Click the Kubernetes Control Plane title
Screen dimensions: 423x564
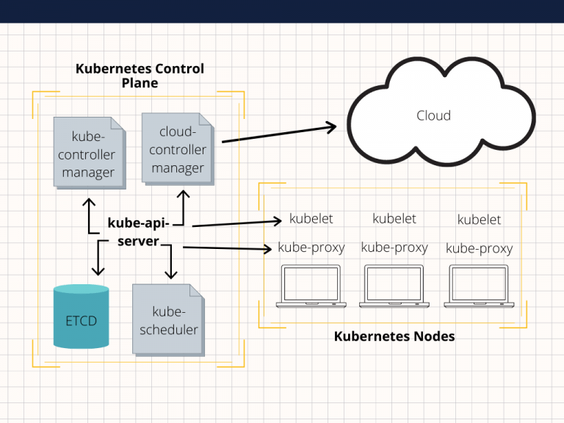tap(140, 76)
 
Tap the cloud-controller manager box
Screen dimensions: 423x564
tap(178, 149)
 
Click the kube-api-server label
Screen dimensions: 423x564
tap(138, 231)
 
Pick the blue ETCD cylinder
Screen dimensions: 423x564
tap(81, 317)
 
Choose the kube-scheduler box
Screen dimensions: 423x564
tap(169, 321)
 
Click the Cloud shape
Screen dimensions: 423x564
tap(433, 115)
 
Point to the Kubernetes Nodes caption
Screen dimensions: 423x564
tap(394, 336)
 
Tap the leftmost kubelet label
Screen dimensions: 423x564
tap(311, 219)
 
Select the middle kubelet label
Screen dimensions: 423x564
tap(394, 219)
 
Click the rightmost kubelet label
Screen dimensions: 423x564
tap(479, 220)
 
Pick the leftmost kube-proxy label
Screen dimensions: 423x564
tap(311, 247)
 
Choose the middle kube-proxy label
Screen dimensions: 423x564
tap(394, 247)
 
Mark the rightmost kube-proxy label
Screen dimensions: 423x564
tap(479, 248)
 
